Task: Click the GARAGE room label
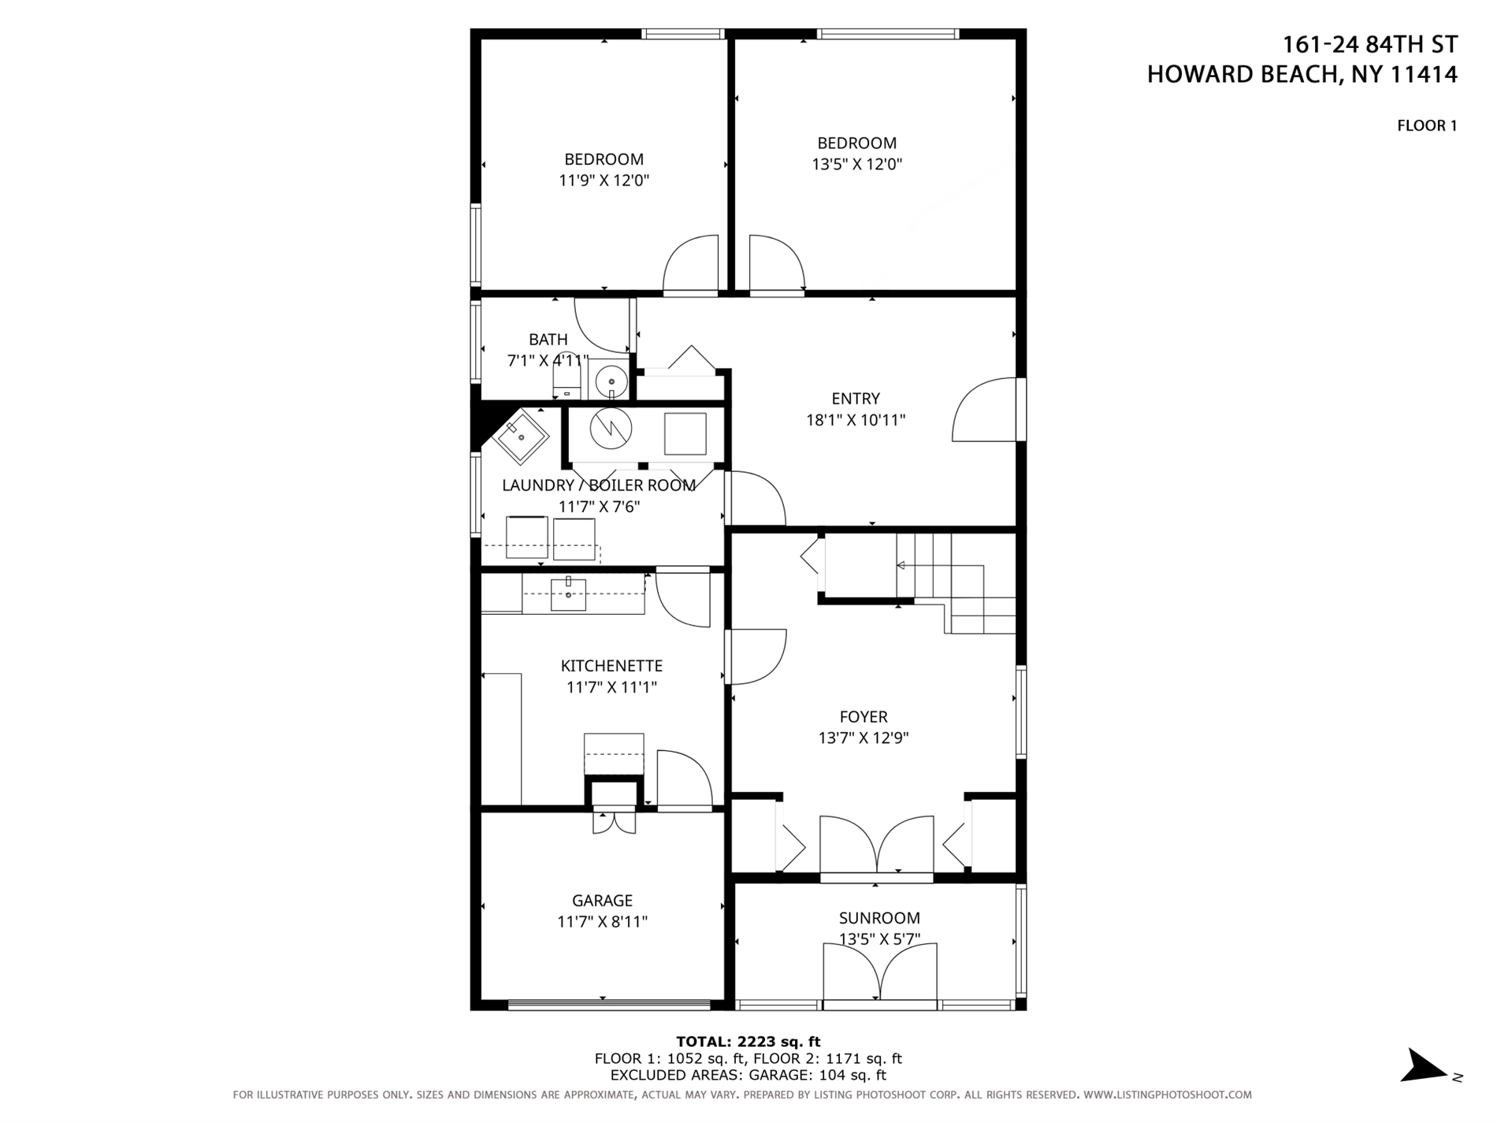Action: click(602, 900)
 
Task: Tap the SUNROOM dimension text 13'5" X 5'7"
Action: click(879, 939)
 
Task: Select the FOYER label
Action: click(864, 716)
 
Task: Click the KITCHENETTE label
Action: click(611, 666)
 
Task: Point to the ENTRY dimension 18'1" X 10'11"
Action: click(855, 420)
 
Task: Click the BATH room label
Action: click(548, 340)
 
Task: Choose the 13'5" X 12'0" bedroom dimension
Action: click(856, 165)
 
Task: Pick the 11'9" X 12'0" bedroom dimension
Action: click(604, 180)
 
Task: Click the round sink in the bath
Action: click(611, 382)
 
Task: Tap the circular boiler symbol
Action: click(611, 429)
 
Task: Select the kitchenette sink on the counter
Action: click(568, 594)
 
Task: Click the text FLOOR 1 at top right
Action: click(1426, 125)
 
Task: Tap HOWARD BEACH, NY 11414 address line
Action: click(1302, 75)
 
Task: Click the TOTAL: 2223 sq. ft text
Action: click(748, 1042)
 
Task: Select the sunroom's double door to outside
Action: click(880, 974)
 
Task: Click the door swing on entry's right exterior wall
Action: click(985, 410)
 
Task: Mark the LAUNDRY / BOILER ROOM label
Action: click(598, 485)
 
